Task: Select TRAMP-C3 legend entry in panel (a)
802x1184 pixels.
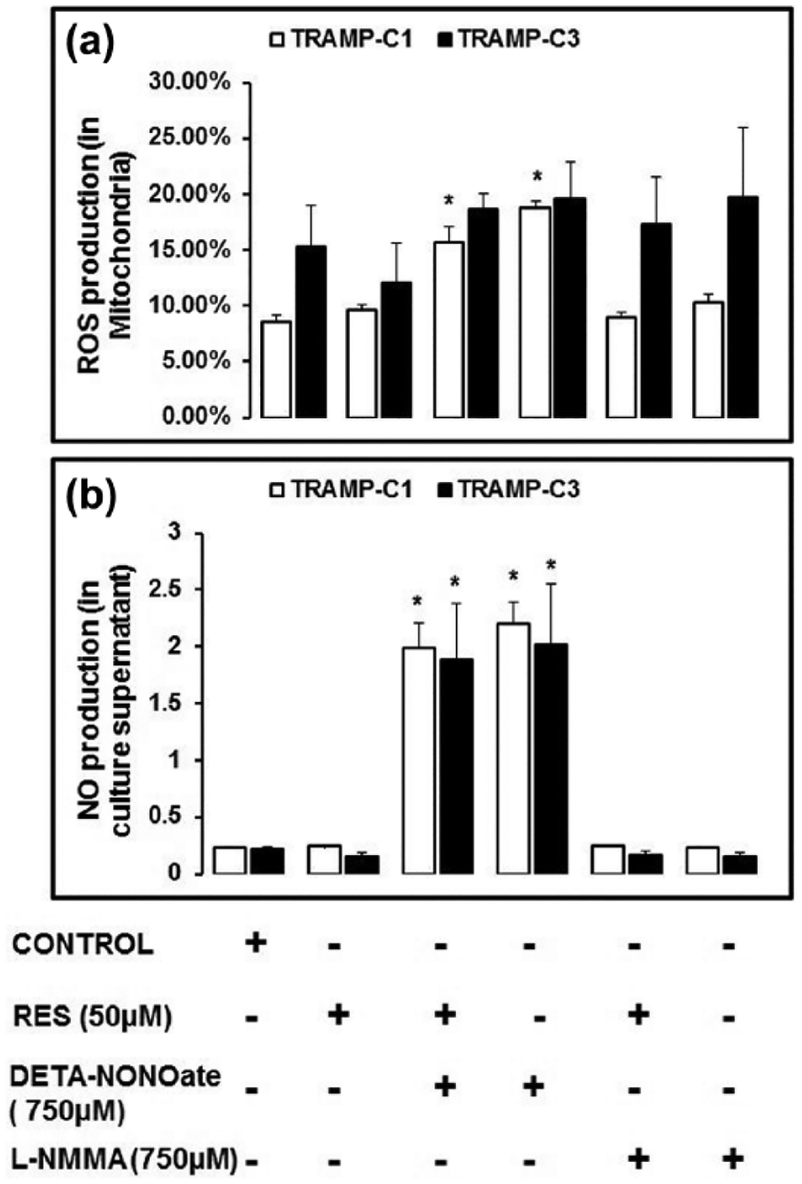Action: (x=508, y=39)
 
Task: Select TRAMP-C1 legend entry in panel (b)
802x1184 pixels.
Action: (x=341, y=489)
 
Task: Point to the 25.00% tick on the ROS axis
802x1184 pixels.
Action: (x=190, y=138)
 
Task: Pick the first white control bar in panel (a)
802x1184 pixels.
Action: (x=276, y=369)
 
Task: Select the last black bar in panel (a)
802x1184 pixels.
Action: (x=743, y=307)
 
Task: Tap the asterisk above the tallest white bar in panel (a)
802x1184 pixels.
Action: (x=537, y=177)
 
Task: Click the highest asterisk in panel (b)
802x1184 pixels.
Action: (x=550, y=565)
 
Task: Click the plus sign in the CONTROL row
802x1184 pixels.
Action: (x=255, y=943)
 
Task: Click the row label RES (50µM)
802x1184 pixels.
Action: (x=92, y=1016)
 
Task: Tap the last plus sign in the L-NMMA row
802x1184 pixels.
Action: (x=733, y=1159)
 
